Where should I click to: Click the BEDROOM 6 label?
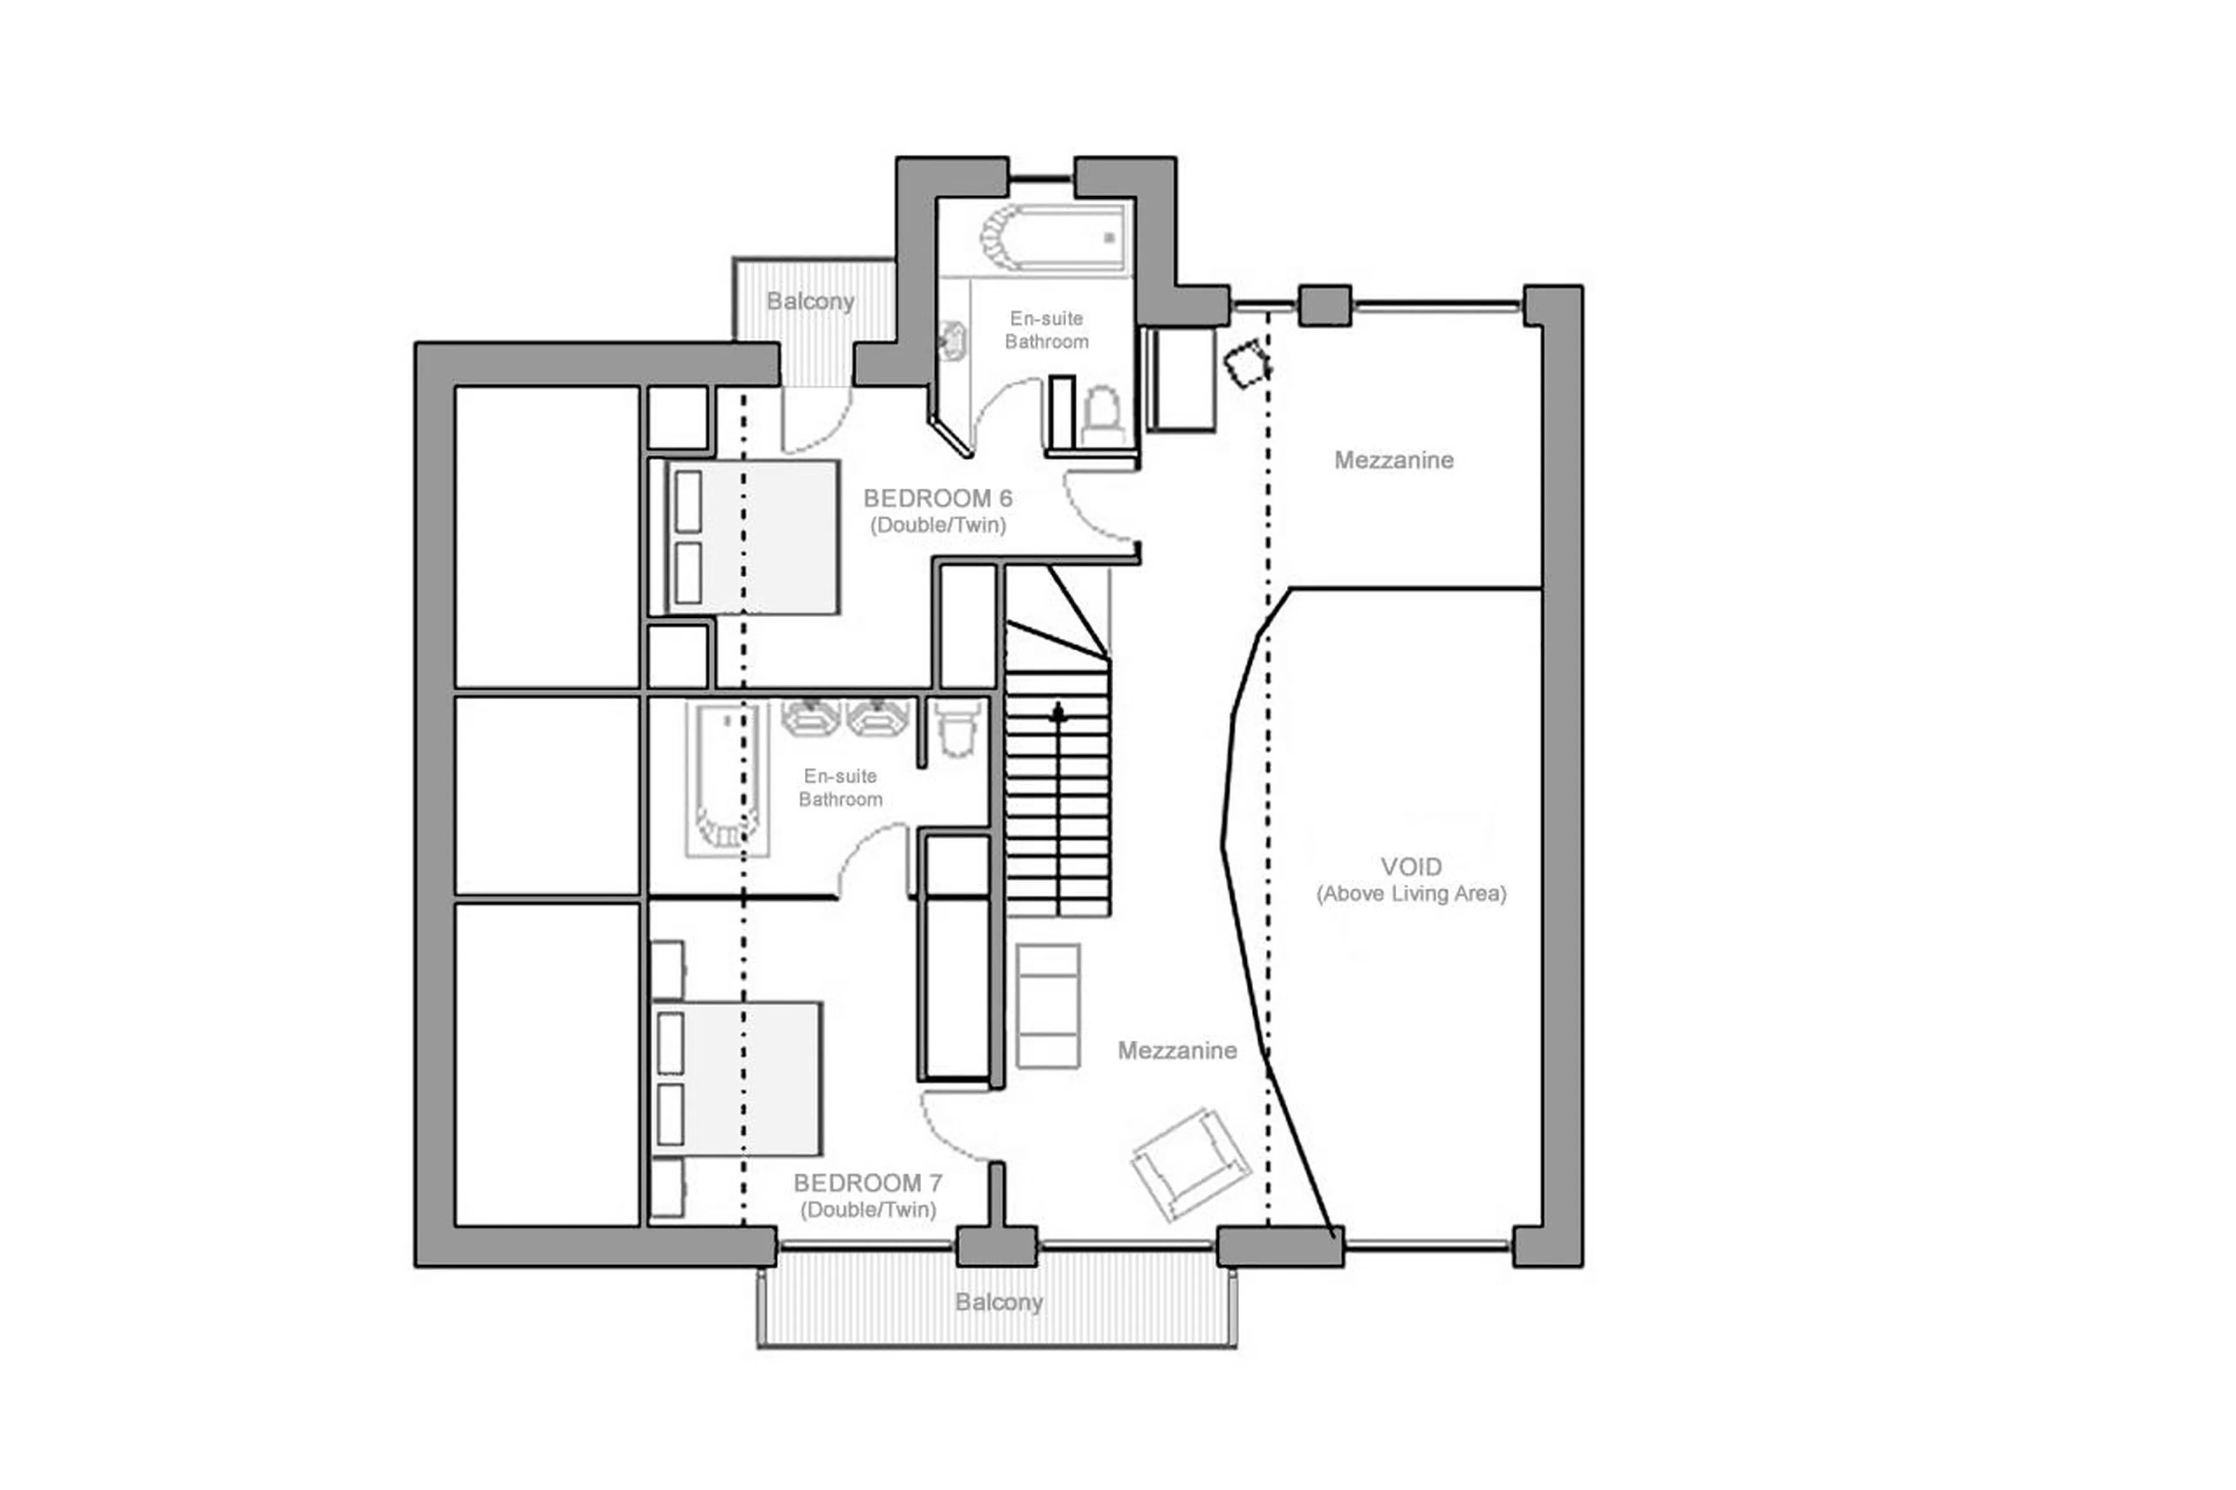click(x=937, y=498)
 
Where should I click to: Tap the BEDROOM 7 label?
click(x=868, y=1183)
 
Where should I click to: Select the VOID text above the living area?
click(x=1410, y=866)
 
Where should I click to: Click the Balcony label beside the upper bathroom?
click(x=809, y=301)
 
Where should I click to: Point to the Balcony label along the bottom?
click(x=999, y=1302)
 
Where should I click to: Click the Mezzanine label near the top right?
click(x=1393, y=460)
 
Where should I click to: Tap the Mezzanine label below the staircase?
click(x=1176, y=1050)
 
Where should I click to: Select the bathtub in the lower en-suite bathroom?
click(x=727, y=777)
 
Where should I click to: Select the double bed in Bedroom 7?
click(x=737, y=1078)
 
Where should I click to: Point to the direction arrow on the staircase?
click(x=1057, y=713)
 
